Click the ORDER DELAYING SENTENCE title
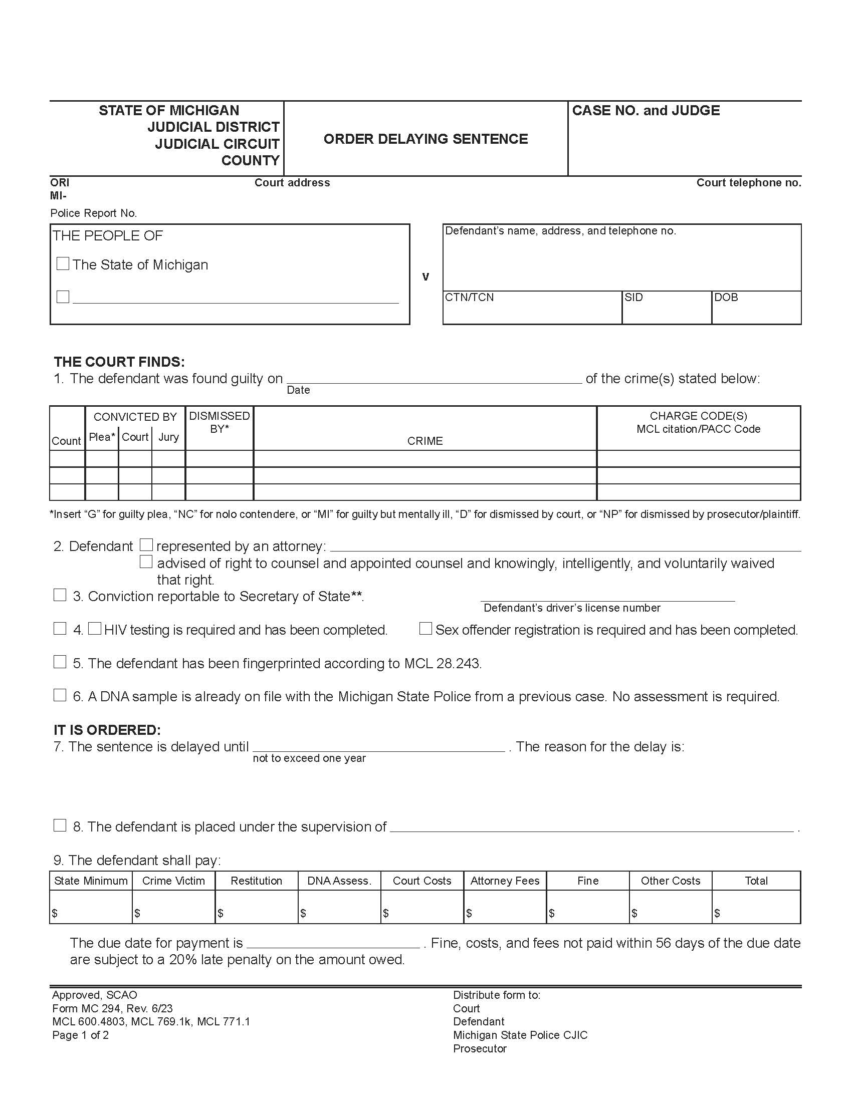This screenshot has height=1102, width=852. (x=425, y=139)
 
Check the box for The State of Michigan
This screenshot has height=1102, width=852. (x=63, y=263)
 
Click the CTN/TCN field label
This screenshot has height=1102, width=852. (x=469, y=297)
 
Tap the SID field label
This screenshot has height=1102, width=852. (x=633, y=297)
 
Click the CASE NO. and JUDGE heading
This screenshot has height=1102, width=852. (x=646, y=111)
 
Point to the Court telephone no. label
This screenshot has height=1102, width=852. (x=749, y=183)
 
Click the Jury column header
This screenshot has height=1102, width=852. (x=168, y=437)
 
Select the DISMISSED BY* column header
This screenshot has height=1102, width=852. (x=219, y=422)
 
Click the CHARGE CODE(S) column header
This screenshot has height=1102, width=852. (x=698, y=422)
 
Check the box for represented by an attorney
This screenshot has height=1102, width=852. (x=146, y=545)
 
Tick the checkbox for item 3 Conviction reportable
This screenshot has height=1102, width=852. (x=60, y=595)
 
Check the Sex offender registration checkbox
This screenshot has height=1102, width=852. (x=425, y=629)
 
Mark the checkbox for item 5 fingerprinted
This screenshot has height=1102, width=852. (x=60, y=662)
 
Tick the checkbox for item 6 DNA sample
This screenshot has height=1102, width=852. (x=60, y=695)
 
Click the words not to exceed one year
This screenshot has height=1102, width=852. (x=309, y=758)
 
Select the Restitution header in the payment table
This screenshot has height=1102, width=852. (x=256, y=881)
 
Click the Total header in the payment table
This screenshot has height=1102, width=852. (x=756, y=881)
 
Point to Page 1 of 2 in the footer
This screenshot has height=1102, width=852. (x=80, y=1035)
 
